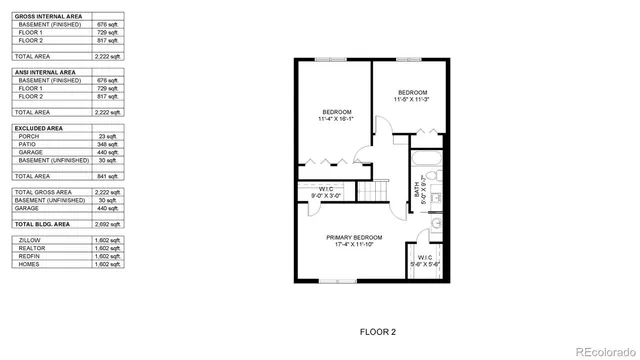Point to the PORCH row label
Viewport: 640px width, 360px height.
tap(29, 136)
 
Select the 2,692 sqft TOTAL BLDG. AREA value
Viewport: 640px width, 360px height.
tap(106, 225)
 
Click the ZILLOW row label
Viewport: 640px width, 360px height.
tap(30, 241)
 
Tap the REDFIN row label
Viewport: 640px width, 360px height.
tap(30, 257)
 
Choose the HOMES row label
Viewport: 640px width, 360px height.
tap(29, 265)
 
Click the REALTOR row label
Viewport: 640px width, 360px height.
tap(32, 249)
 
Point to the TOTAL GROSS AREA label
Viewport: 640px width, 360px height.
tap(43, 191)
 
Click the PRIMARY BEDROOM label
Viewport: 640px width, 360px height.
tap(355, 237)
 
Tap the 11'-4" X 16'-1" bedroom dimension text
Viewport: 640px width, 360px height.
tap(337, 119)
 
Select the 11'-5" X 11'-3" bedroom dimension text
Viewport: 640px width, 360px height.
tap(411, 99)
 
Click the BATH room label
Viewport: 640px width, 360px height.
tap(416, 186)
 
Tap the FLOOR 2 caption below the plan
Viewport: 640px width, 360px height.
tap(379, 329)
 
